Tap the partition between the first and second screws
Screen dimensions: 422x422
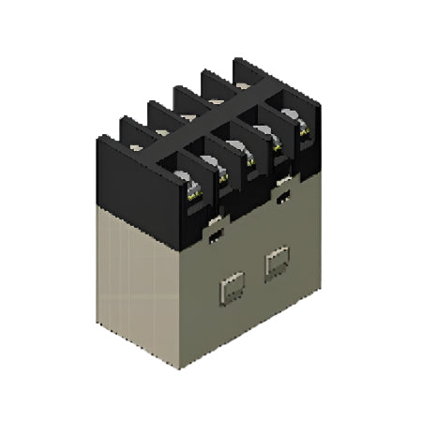(x=208, y=178)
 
